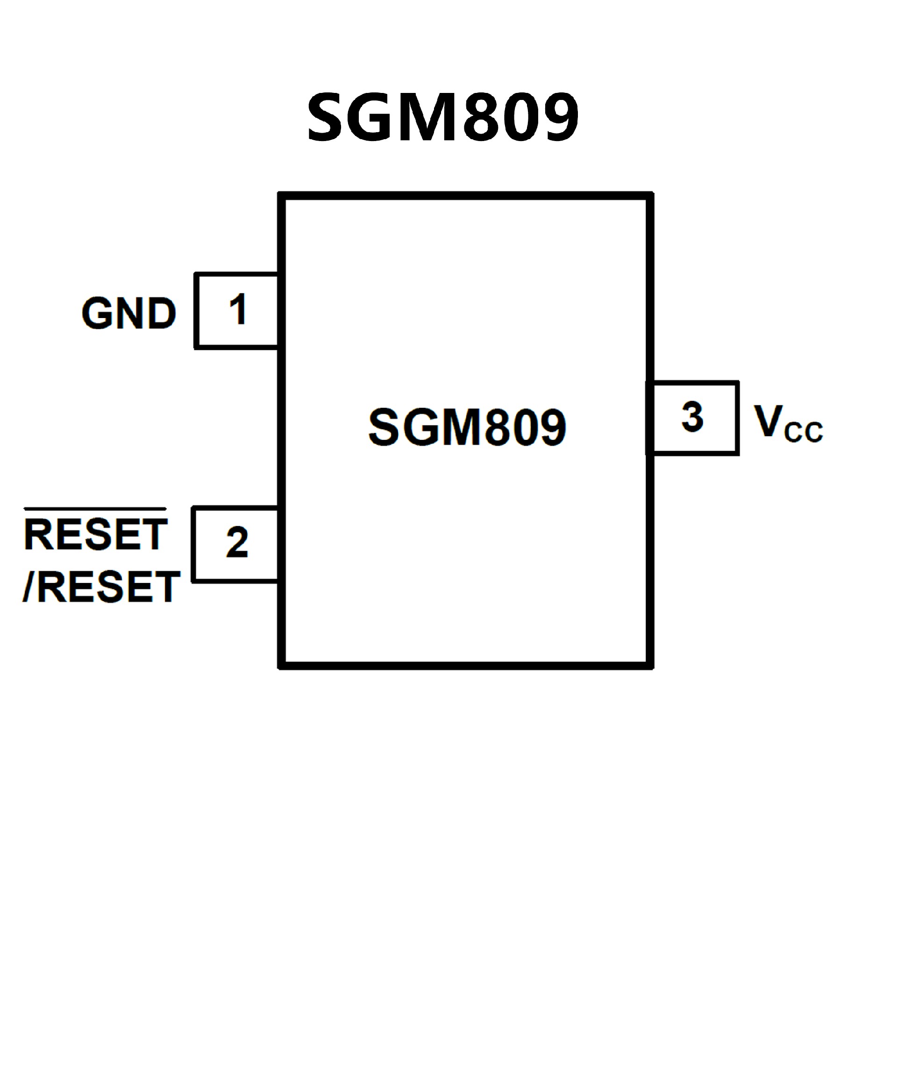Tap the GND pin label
coord(128,313)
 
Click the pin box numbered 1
coord(237,310)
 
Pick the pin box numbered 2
coord(235,544)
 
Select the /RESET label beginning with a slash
coord(101,587)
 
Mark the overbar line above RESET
coord(95,509)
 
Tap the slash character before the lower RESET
coord(28,587)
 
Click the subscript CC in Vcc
coord(803,432)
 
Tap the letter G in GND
coord(97,313)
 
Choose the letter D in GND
coord(161,313)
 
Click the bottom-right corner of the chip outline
coord(650,666)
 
